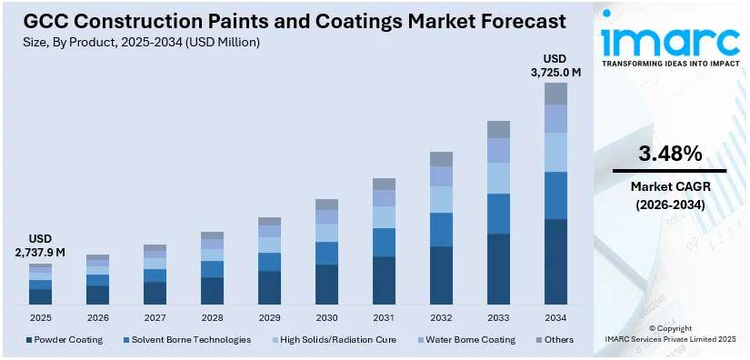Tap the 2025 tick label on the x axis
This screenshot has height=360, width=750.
(40, 318)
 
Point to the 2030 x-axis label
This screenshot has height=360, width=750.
(326, 318)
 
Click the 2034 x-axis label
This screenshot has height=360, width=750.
(555, 318)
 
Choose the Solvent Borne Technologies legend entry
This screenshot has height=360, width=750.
(185, 340)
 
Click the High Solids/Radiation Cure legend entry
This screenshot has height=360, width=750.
(335, 340)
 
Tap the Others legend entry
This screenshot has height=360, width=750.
(555, 340)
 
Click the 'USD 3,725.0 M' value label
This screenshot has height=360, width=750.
(555, 65)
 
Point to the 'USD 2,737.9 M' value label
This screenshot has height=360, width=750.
(40, 245)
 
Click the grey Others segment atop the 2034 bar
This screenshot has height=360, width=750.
(555, 94)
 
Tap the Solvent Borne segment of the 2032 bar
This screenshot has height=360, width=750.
(441, 230)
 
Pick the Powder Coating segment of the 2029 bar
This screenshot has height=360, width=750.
(269, 287)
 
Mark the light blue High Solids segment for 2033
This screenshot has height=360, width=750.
(498, 178)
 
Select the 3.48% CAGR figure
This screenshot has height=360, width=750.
(669, 154)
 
